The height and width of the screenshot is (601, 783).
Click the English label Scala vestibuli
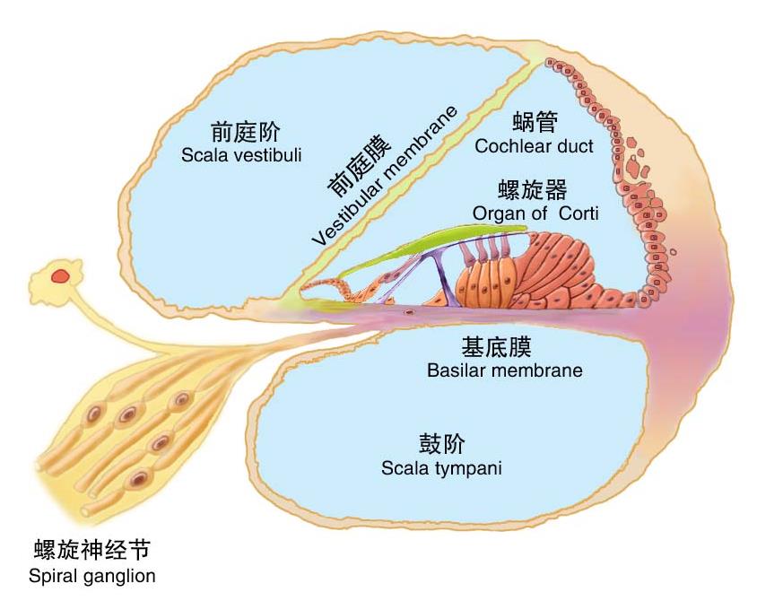(x=241, y=155)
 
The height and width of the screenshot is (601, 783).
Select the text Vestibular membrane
(x=385, y=176)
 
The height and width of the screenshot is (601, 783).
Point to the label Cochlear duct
(x=534, y=146)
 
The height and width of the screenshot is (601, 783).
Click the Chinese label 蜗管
(x=535, y=122)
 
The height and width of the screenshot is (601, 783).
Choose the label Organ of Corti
(x=535, y=213)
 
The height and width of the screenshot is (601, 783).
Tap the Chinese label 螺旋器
(x=533, y=190)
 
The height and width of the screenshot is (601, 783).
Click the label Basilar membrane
(x=505, y=370)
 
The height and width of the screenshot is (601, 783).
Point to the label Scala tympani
(x=441, y=469)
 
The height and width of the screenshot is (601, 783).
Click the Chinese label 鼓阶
(x=441, y=444)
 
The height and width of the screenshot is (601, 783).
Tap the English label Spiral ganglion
(x=92, y=577)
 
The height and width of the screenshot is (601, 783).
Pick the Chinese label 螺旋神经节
(x=92, y=551)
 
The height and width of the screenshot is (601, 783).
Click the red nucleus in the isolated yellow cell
(x=60, y=275)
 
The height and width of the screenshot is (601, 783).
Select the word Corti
(x=579, y=213)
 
